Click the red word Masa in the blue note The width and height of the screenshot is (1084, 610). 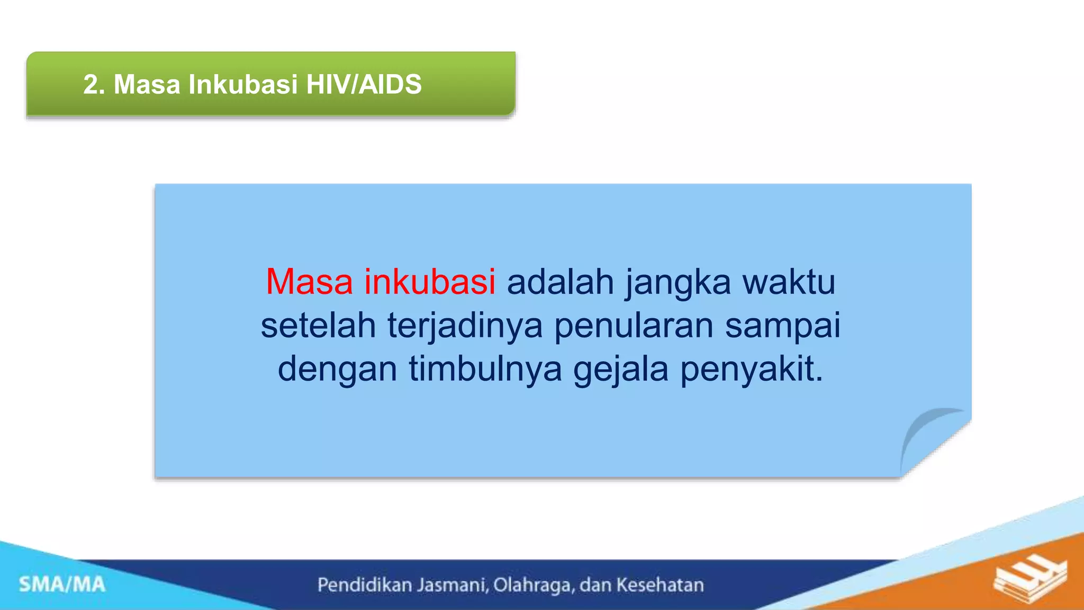pos(309,282)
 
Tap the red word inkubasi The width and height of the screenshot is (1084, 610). pos(429,282)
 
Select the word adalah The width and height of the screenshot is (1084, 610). pos(560,282)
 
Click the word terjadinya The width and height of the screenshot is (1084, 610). pos(465,326)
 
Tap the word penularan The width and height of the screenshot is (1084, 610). pos(634,326)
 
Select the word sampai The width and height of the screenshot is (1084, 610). pos(782,326)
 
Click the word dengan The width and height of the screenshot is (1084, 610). pos(337,370)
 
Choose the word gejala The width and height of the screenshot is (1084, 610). pos(621,370)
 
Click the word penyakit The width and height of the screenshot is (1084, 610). pos(751,370)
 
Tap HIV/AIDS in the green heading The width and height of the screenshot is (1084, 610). pos(364,85)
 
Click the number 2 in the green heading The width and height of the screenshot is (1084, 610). pos(91,85)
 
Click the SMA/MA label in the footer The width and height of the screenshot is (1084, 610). pos(62,585)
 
